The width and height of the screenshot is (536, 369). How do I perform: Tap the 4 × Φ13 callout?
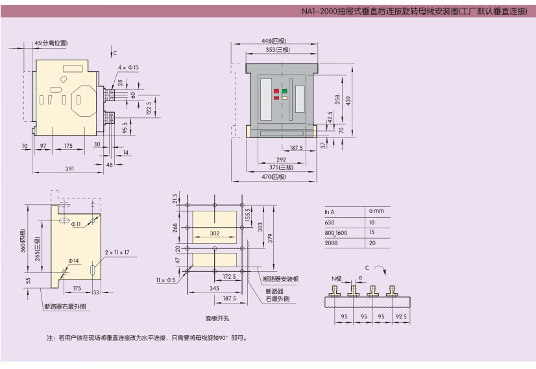128,67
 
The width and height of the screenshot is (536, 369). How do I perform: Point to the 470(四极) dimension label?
274,177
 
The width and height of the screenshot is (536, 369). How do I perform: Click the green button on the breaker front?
284,91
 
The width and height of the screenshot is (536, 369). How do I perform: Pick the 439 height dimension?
348,100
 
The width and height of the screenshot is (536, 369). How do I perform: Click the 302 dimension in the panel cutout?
214,233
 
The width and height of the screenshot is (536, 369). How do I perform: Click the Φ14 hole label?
74,261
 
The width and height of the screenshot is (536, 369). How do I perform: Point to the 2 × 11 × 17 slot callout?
117,252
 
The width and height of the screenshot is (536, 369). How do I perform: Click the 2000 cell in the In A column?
331,243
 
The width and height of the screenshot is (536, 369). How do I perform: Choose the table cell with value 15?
372,232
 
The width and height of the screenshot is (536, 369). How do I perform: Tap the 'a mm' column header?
376,211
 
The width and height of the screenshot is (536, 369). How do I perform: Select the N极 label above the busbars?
336,278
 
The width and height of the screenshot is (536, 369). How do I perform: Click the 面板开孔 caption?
218,318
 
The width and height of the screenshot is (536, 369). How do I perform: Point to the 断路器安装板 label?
281,278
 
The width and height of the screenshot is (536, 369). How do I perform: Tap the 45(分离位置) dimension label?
51,43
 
